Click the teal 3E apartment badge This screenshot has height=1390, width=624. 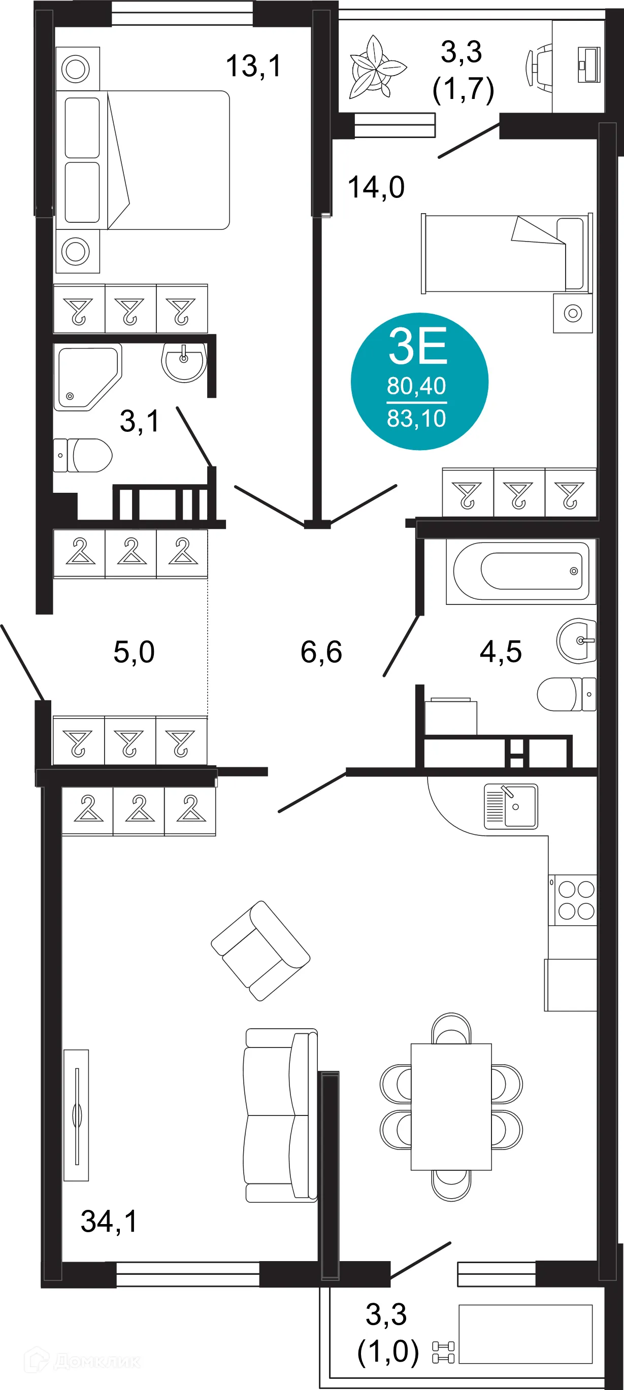[x=419, y=382]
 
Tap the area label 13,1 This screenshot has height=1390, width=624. [x=253, y=66]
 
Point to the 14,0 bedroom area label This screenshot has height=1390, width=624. [x=376, y=188]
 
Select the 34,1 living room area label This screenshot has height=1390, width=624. [x=109, y=1221]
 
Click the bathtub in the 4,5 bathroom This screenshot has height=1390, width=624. [x=521, y=571]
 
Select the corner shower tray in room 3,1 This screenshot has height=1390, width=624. [x=86, y=377]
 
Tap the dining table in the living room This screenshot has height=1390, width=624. [x=451, y=1106]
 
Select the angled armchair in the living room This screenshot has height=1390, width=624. [x=260, y=951]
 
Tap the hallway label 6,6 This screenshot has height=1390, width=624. [x=321, y=652]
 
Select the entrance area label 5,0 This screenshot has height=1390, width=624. [x=134, y=652]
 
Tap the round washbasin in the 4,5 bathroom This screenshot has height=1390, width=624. [x=576, y=640]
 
